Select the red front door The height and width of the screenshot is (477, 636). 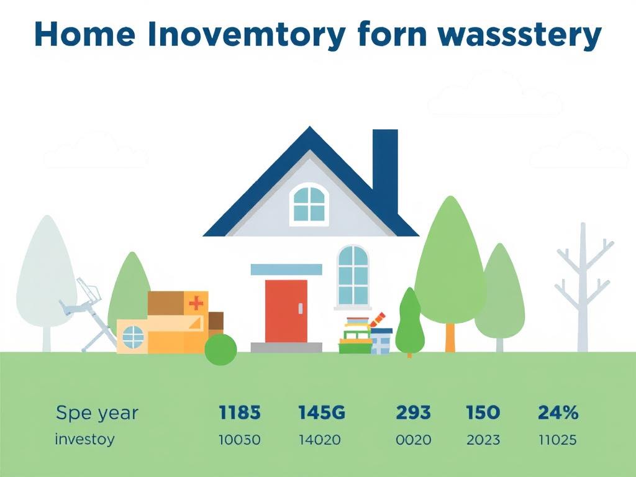(286, 311)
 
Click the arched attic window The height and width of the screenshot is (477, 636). (309, 204)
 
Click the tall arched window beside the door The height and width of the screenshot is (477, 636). (353, 275)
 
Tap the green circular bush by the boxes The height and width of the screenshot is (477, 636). (220, 349)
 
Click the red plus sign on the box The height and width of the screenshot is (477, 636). (196, 303)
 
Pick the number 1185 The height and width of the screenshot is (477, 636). (240, 412)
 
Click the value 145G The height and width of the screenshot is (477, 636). (321, 412)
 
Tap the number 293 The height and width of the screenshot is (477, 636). (414, 412)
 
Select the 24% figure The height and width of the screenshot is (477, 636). (558, 412)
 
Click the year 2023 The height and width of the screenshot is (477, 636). (483, 440)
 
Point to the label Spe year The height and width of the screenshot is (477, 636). (97, 412)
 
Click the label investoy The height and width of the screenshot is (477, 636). (84, 440)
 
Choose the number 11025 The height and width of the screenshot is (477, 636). (558, 440)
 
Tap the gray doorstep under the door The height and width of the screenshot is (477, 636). (286, 347)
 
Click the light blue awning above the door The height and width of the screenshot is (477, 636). (286, 269)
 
